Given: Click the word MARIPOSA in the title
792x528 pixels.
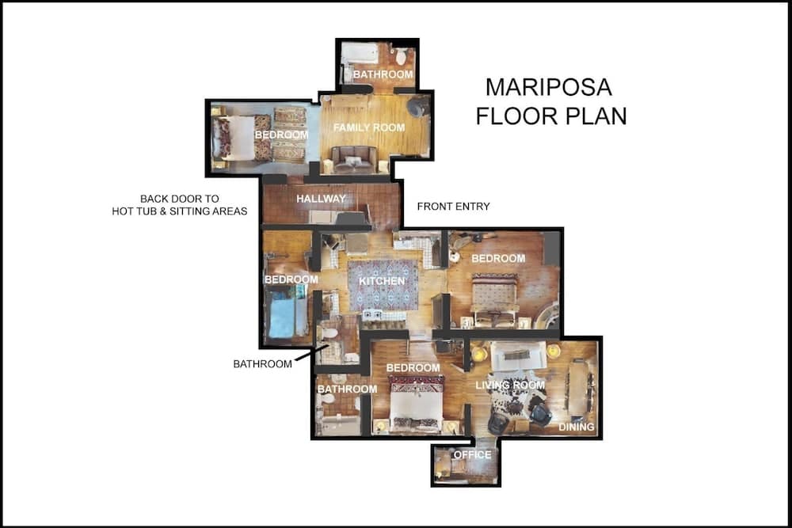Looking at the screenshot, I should point(549,86).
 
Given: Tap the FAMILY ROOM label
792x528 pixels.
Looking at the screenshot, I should point(368,127).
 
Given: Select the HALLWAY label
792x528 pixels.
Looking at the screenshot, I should point(321,199).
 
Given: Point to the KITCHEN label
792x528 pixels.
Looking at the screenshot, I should point(382,281).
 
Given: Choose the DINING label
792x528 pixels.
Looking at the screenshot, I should point(576,427).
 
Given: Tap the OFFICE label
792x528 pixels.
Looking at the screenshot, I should point(472,454).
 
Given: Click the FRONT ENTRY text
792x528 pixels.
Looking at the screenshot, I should point(453,207).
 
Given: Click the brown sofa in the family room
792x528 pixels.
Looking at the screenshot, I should point(354,158).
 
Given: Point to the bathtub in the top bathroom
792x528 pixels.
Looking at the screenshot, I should point(360,55).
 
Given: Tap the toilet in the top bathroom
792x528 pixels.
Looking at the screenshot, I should point(402,56).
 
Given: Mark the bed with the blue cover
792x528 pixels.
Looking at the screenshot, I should point(284,312).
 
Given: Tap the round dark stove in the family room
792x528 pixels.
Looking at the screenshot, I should point(416,107).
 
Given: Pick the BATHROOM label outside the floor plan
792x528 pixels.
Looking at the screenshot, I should point(261,364).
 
